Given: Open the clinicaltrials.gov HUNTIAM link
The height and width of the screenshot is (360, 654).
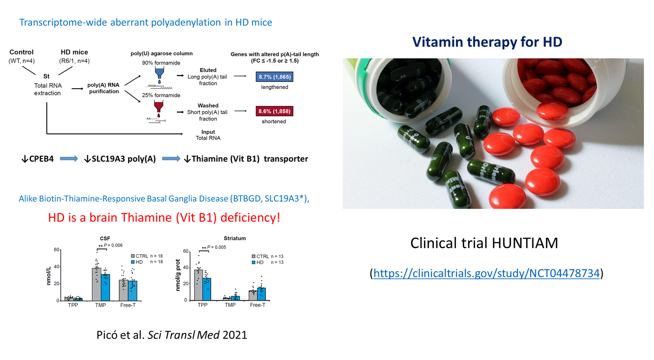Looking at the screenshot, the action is [x=486, y=273].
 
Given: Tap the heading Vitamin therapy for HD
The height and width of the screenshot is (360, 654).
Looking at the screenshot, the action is [x=487, y=42].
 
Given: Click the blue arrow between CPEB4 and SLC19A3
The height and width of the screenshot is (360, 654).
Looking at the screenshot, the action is [x=69, y=159].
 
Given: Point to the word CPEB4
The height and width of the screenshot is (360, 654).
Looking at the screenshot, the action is [x=41, y=159].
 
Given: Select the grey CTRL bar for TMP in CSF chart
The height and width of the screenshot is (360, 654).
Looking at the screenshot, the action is [x=96, y=284].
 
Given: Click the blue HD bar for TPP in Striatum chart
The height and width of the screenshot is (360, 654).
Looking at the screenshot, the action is [x=207, y=289].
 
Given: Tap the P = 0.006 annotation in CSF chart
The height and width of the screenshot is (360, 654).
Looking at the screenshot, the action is [x=110, y=245].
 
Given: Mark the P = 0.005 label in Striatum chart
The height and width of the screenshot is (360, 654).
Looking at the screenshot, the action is [x=214, y=247].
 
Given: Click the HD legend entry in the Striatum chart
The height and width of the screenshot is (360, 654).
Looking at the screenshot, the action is [x=258, y=262].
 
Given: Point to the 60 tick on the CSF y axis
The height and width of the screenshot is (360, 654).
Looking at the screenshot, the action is [x=57, y=250].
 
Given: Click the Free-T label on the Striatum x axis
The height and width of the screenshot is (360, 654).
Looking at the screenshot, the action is [x=258, y=305].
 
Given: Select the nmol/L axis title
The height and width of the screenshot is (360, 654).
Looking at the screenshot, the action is [x=49, y=276].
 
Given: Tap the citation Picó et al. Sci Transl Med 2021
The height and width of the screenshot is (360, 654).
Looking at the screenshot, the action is [x=172, y=335].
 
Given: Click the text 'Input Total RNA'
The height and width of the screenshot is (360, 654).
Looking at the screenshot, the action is [x=208, y=135].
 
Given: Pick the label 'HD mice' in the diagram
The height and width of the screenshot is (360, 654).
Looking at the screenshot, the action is [x=74, y=52].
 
